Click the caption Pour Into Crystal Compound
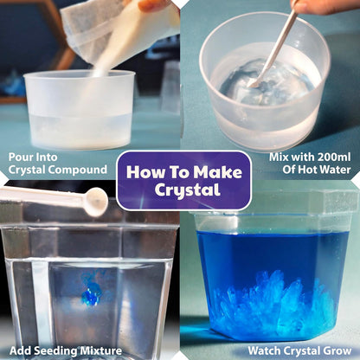coord(58,163)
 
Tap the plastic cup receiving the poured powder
coord(80,108)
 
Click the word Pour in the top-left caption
coord(22,157)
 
